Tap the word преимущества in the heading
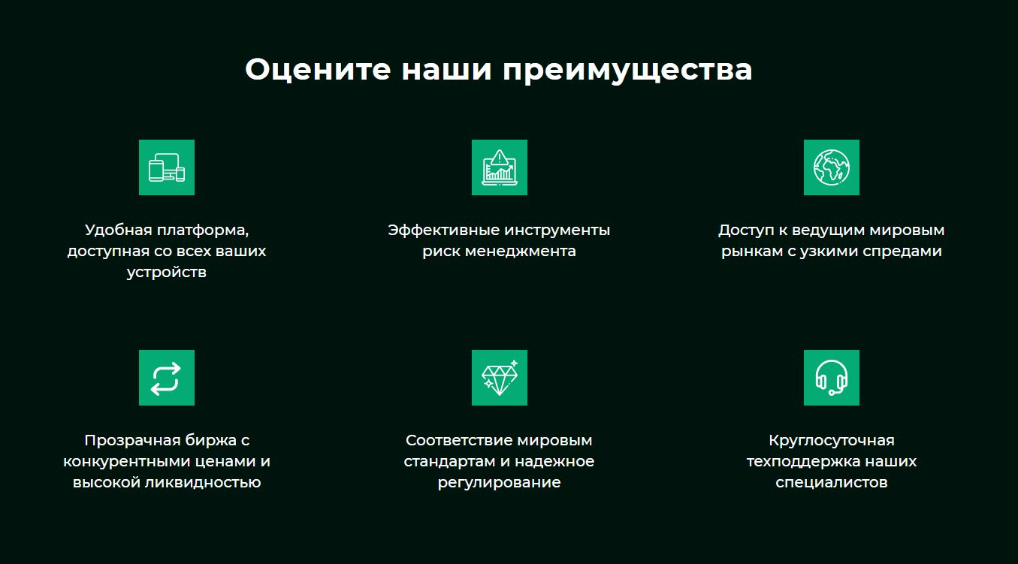coord(627,71)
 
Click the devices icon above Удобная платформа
coord(167,167)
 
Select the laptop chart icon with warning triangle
coord(499,167)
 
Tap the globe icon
coord(831,167)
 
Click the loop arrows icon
coord(167,378)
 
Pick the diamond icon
coord(499,378)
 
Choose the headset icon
coord(831,378)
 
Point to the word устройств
coord(167,273)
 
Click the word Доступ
coord(746,230)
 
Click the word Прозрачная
coord(129,440)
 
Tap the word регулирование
coord(499,483)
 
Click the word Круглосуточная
coord(831,440)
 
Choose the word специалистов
coord(831,483)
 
